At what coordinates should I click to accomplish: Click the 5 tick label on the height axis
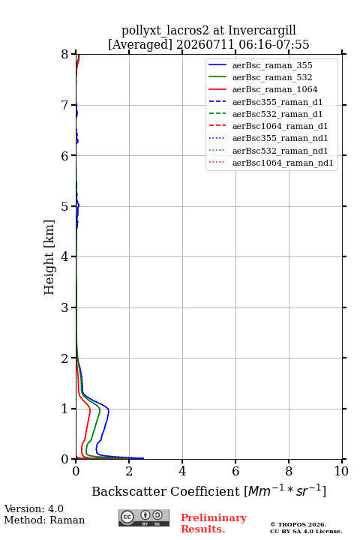(x=65, y=206)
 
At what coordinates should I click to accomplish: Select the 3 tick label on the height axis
(x=65, y=307)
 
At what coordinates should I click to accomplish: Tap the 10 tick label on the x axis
(x=341, y=471)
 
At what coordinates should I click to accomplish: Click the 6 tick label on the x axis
(x=235, y=471)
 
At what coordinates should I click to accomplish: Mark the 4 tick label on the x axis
(x=182, y=471)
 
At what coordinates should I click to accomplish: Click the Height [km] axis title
(x=49, y=257)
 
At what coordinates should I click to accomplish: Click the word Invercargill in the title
(x=262, y=31)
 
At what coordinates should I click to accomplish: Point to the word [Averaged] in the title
(x=139, y=45)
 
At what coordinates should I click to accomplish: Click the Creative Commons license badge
(x=144, y=517)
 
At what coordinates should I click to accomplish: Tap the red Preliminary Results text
(x=214, y=523)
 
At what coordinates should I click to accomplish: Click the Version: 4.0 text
(x=34, y=509)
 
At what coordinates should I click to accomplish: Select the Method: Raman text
(x=44, y=520)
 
